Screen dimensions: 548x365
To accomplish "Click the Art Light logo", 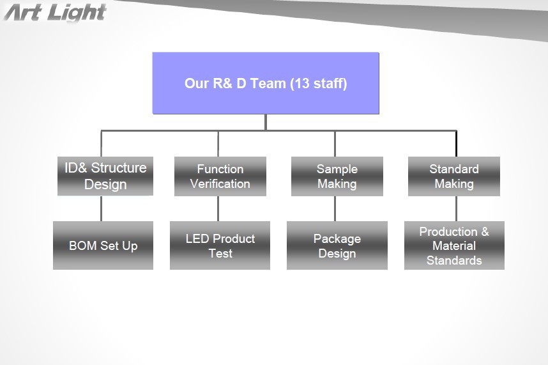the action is point(55,13).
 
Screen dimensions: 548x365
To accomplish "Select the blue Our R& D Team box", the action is point(266,83).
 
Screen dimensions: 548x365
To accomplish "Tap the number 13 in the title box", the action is point(301,83).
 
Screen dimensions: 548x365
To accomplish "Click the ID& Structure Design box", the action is point(105,176).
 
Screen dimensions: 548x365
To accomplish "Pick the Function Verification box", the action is point(220,176).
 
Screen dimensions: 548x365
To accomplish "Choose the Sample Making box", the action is point(337,176).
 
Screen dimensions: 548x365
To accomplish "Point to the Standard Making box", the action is point(454,176).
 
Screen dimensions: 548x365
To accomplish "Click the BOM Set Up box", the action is point(103,245).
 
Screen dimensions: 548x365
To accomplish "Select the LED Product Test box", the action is point(220,245).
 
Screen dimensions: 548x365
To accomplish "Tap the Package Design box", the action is point(337,245).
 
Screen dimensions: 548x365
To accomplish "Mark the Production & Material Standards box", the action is point(454,245).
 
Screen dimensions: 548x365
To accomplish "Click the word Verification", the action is point(220,184).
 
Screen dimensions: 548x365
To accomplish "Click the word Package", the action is point(337,239).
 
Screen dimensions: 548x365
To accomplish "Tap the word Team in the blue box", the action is point(268,83).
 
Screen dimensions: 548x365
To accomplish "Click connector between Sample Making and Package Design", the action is point(335,208).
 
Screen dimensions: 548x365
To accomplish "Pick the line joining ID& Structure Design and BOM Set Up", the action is point(102,208).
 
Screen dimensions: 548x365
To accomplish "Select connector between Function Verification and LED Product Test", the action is point(218,208).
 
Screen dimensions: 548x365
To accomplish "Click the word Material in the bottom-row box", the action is point(454,245).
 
